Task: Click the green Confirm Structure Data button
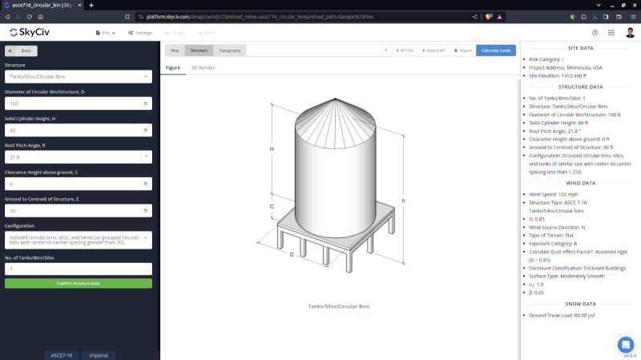pos(78,283)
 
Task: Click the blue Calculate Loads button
pos(496,51)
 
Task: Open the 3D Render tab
pos(202,68)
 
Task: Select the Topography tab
pos(229,51)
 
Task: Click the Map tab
pos(175,51)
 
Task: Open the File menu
pos(105,33)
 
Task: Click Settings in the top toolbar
pos(139,33)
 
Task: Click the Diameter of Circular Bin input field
pos(72,103)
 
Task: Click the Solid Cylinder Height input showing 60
pos(72,130)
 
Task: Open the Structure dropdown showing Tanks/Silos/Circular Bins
pos(78,77)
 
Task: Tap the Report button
pos(462,51)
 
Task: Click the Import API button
pos(433,51)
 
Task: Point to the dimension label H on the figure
pos(272,149)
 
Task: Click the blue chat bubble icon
pos(626,344)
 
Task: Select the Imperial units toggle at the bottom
pos(98,354)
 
